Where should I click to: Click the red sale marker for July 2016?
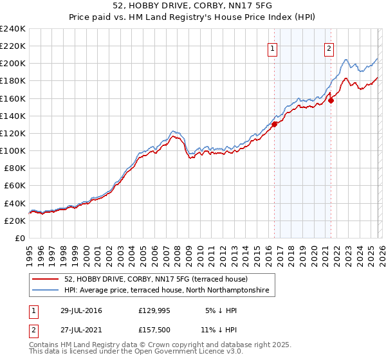(x=274, y=125)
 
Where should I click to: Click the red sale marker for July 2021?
(x=331, y=100)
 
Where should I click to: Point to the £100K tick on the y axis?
(x=12, y=150)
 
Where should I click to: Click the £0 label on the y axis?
(x=19, y=238)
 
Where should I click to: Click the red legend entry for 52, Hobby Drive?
(x=151, y=279)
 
